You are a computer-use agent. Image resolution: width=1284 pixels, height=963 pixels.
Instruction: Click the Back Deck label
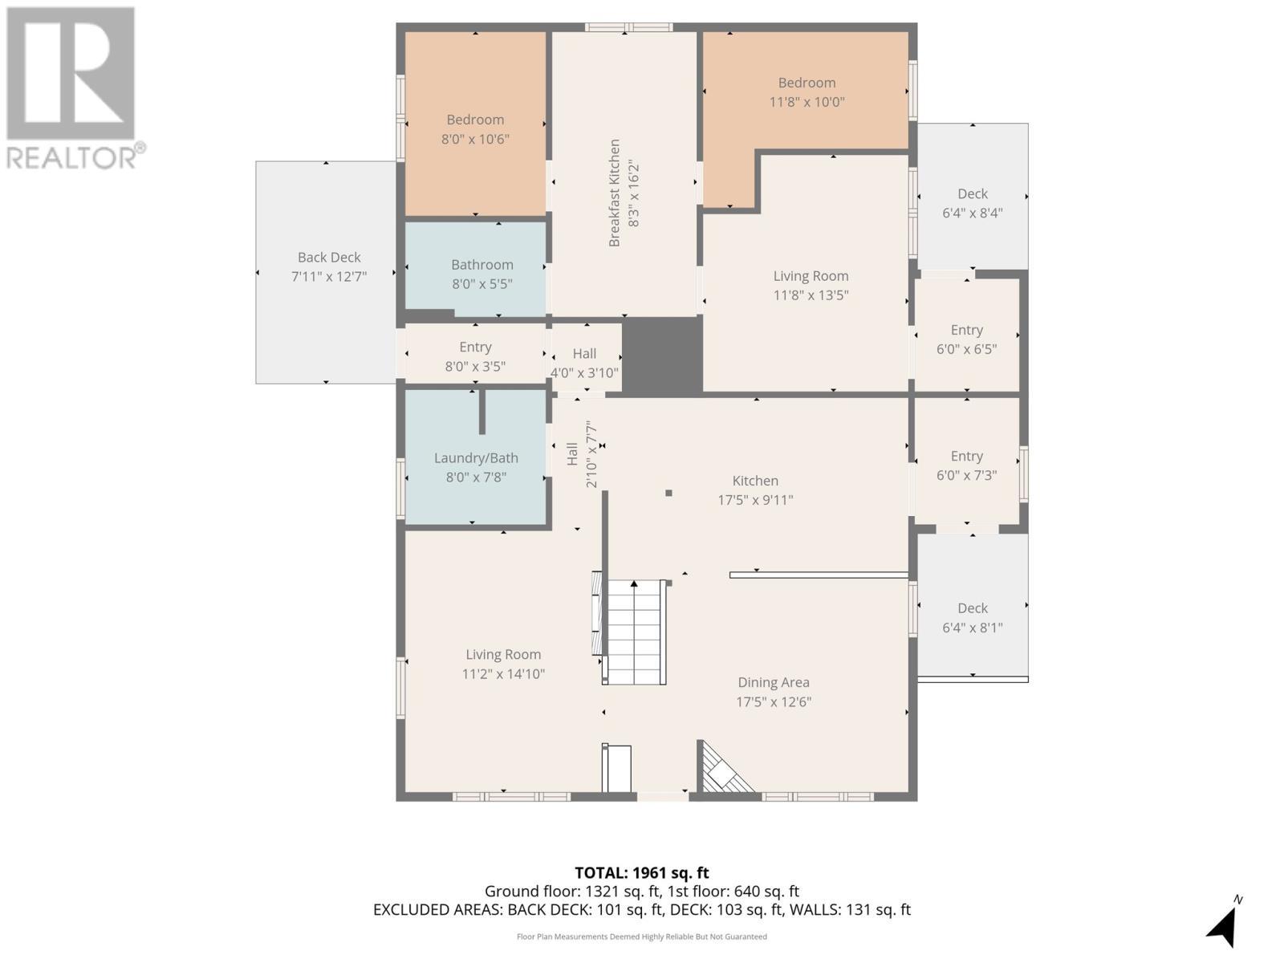pos(329,258)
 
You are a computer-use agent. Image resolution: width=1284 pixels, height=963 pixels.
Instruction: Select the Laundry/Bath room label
pos(476,458)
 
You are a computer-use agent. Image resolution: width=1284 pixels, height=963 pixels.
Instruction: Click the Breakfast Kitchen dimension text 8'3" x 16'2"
pos(634,193)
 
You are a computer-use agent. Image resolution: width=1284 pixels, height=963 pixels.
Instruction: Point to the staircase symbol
pos(635,633)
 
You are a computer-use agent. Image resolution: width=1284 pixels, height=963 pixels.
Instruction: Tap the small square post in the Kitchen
pos(668,494)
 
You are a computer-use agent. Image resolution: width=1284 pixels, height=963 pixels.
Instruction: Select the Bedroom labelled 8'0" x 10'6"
pos(475,129)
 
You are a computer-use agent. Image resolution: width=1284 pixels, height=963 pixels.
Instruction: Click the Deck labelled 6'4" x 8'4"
pos(972,203)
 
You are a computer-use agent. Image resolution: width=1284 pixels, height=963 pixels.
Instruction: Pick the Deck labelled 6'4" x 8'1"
pos(972,617)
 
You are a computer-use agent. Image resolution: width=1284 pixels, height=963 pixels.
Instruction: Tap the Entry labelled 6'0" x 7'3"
pos(966,465)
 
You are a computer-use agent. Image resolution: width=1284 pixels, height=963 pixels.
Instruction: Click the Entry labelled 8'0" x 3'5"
pos(475,356)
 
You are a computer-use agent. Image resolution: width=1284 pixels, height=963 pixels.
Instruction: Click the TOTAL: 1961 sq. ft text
pos(641,873)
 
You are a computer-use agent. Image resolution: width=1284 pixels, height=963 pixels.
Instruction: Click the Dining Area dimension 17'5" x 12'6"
pos(774,701)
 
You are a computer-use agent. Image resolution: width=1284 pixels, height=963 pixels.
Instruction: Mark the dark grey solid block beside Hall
pos(662,356)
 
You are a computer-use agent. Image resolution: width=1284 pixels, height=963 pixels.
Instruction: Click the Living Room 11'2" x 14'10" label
pos(503,664)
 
